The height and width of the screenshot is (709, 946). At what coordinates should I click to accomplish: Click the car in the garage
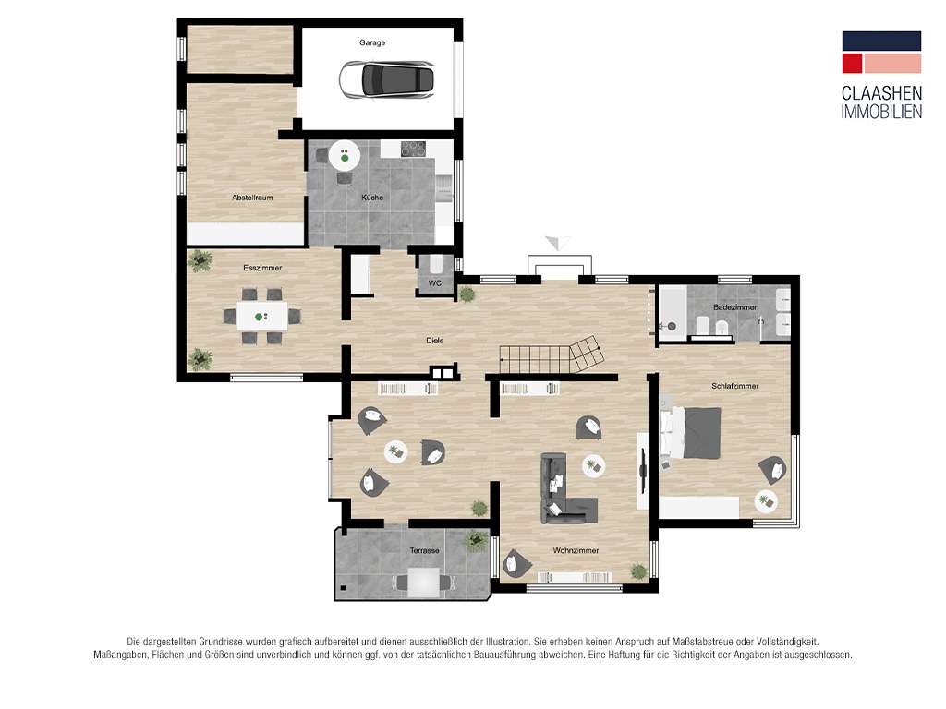click(x=386, y=80)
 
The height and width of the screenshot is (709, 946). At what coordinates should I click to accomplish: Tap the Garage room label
click(x=372, y=42)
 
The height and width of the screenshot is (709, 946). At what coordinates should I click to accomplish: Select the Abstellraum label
click(x=252, y=198)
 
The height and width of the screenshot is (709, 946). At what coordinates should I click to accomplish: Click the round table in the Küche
click(x=345, y=155)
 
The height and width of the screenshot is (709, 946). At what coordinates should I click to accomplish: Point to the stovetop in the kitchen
click(x=413, y=149)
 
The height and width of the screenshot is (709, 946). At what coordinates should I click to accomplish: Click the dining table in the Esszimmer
click(x=261, y=316)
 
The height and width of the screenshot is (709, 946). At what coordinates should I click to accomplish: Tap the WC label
click(x=435, y=283)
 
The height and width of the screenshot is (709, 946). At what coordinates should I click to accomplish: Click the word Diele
click(x=435, y=341)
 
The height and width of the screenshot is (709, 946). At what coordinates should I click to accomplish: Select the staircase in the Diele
click(x=551, y=355)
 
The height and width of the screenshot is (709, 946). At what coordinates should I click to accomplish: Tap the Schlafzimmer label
click(x=734, y=386)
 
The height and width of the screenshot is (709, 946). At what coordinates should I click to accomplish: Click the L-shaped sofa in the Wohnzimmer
click(x=564, y=491)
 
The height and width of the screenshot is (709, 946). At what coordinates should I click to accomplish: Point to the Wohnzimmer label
click(x=576, y=550)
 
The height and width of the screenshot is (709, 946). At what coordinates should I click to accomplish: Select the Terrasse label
click(x=425, y=550)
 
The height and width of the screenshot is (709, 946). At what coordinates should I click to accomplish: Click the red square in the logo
click(x=852, y=64)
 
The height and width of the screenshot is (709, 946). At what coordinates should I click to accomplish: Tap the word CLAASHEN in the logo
click(x=881, y=93)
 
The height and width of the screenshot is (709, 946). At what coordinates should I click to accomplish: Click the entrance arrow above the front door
click(x=558, y=243)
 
